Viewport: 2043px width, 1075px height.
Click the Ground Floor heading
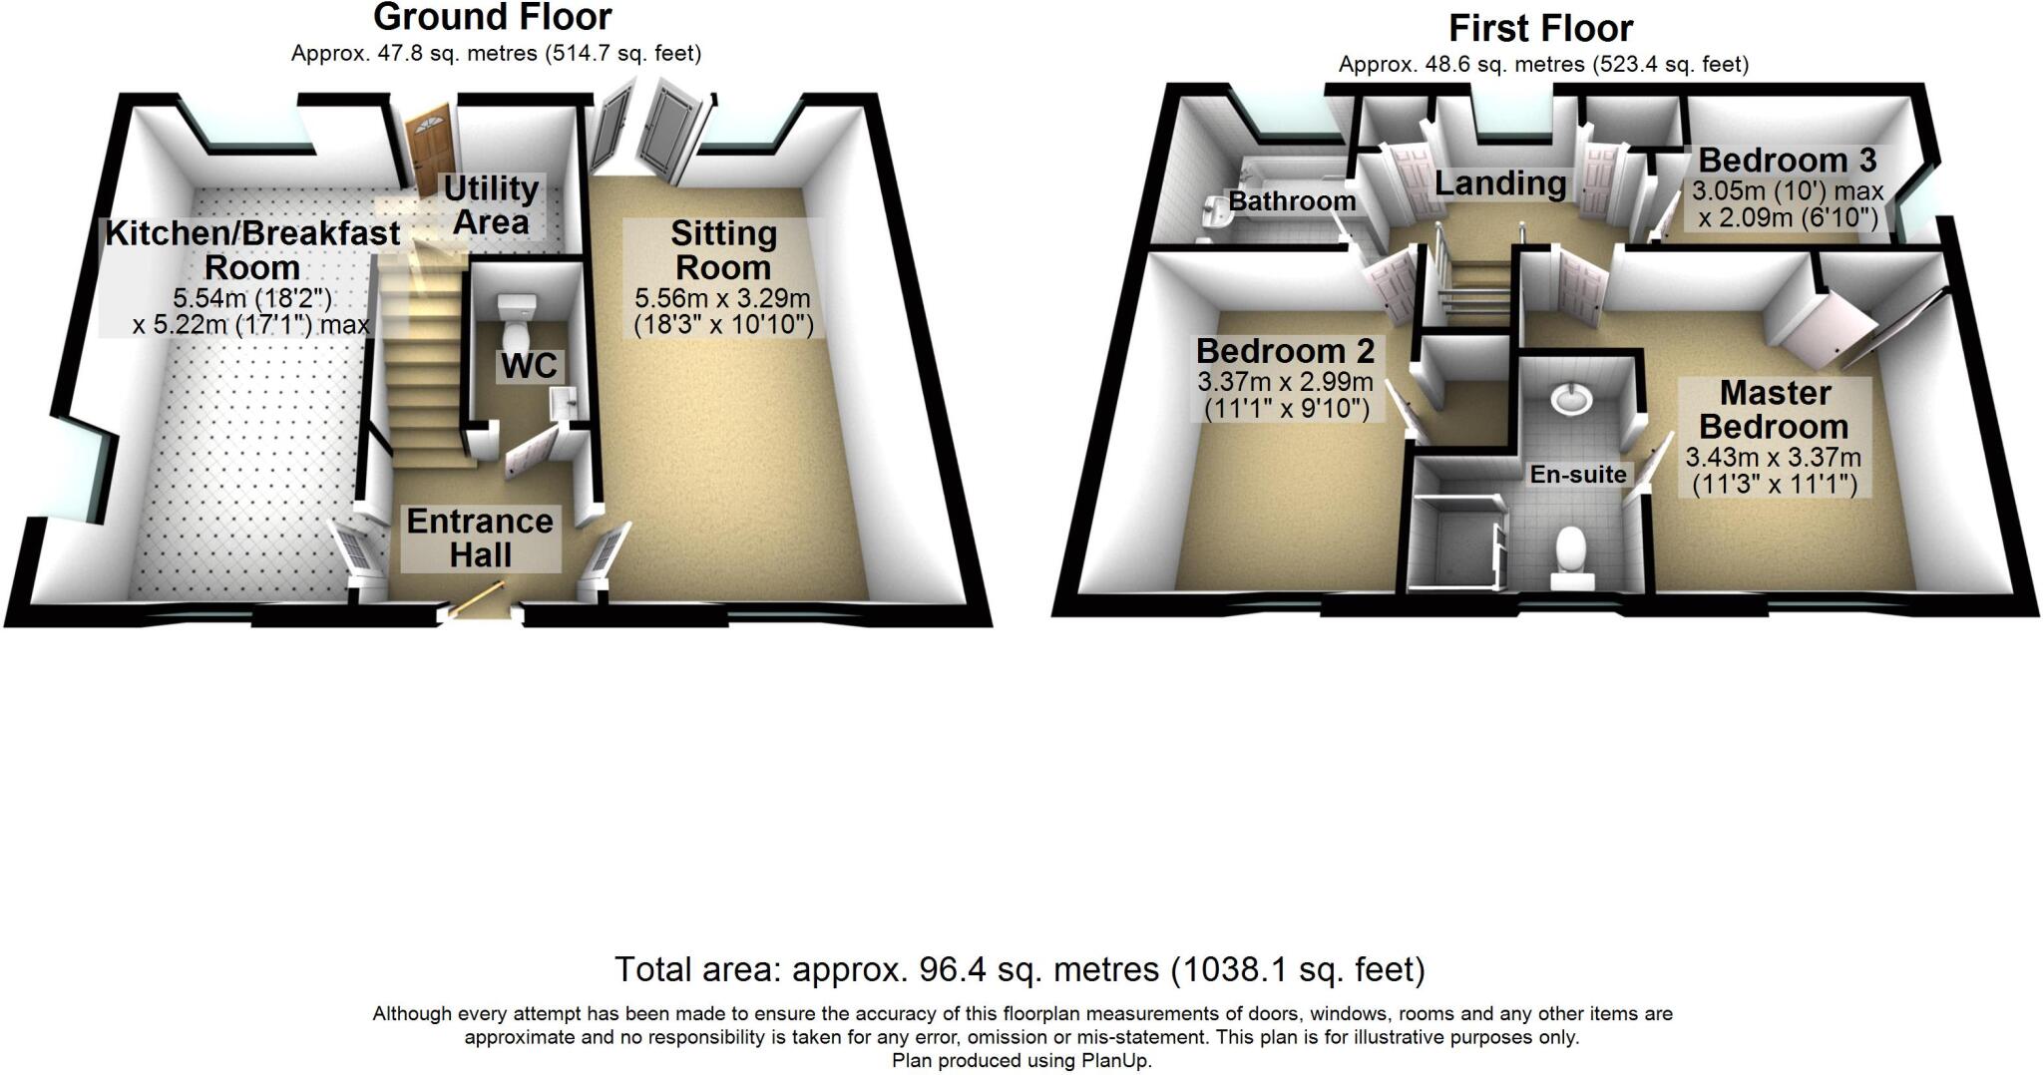(x=492, y=17)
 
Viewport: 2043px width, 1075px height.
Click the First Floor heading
(x=1540, y=28)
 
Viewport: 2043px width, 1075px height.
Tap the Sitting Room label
(x=723, y=250)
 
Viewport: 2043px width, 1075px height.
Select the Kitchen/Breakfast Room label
(x=252, y=250)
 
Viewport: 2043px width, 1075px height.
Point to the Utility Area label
(x=491, y=204)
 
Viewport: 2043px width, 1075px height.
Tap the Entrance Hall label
(x=480, y=537)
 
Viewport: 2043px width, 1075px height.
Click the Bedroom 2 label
(x=1285, y=351)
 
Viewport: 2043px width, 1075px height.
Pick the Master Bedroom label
(x=1775, y=410)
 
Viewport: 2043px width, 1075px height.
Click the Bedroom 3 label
(x=1788, y=160)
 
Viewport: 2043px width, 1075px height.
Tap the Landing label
(x=1500, y=183)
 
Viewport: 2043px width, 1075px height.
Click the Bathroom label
(x=1292, y=201)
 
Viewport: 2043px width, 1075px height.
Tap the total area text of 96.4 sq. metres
(x=1019, y=969)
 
